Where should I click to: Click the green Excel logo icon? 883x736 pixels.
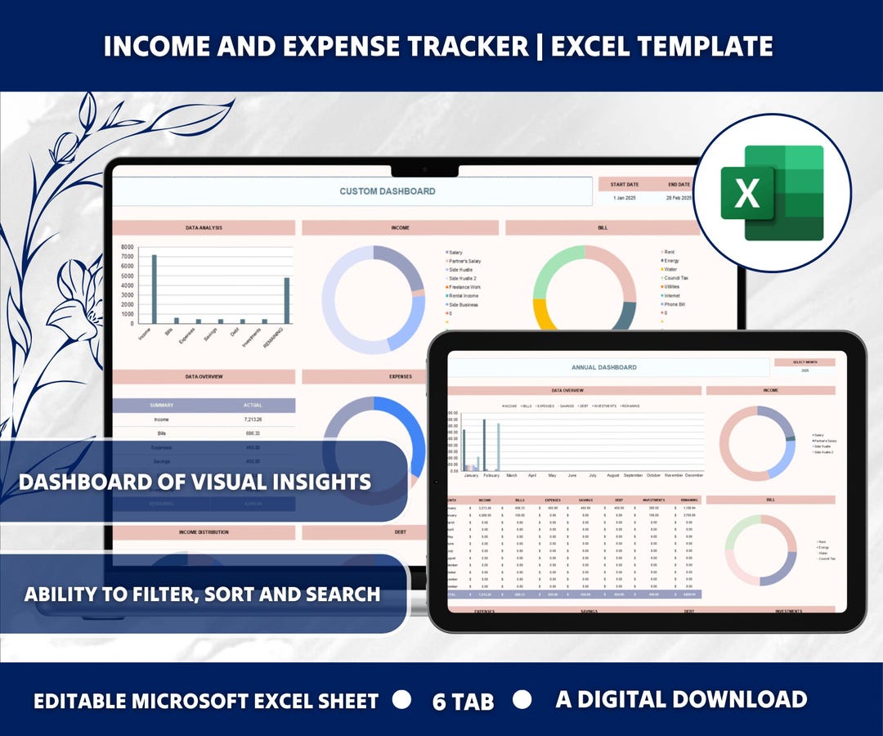[x=771, y=193]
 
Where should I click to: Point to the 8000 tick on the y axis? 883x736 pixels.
[x=127, y=247]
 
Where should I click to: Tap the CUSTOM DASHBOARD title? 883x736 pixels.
[x=388, y=191]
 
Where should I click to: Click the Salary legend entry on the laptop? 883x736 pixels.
[x=455, y=253]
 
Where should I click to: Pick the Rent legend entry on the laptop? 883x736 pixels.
[x=670, y=252]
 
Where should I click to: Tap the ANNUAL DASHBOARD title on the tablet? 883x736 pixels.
[x=604, y=367]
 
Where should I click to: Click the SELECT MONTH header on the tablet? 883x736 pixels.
[x=805, y=361]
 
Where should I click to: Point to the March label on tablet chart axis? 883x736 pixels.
[x=512, y=475]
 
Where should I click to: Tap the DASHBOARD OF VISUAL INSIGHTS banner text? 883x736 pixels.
[x=195, y=482]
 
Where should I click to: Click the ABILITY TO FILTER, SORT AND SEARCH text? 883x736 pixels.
[x=202, y=594]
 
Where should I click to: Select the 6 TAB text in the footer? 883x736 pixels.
[x=463, y=702]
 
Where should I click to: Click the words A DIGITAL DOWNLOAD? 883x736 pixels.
[x=681, y=699]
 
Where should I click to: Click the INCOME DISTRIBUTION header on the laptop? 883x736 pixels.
[x=204, y=532]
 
